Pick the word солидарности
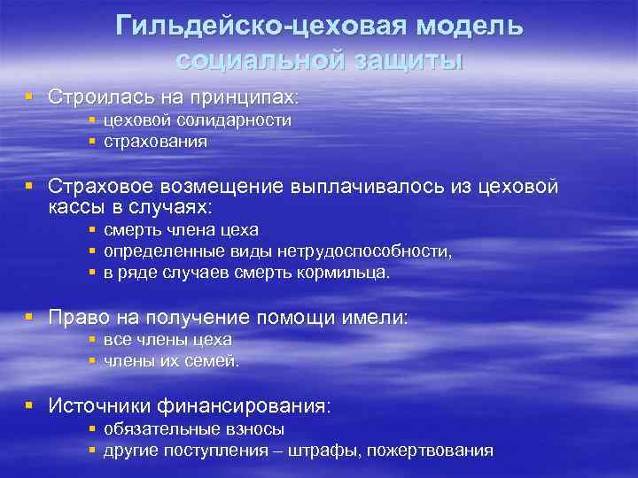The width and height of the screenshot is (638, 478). pyautogui.click(x=234, y=120)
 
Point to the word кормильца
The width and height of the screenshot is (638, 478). pyautogui.click(x=341, y=274)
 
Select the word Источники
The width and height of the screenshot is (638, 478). pyautogui.click(x=100, y=406)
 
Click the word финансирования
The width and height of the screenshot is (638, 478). pyautogui.click(x=244, y=406)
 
